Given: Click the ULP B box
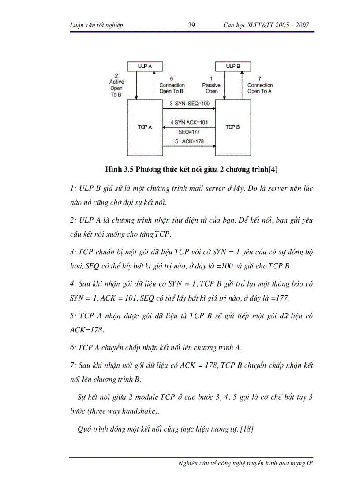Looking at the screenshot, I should tap(233, 66).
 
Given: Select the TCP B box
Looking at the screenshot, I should tap(233, 127).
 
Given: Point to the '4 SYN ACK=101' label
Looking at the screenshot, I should tap(189, 122).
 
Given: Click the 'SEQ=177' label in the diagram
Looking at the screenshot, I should tap(189, 131).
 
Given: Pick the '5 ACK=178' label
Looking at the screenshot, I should tap(189, 141).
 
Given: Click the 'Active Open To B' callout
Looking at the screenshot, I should tap(116, 85).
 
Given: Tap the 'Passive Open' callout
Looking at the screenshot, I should tap(211, 85).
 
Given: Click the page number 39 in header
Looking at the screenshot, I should tap(191, 25).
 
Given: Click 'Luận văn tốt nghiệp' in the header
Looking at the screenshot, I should tap(97, 25).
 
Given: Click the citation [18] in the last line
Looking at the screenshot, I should tap(246, 428).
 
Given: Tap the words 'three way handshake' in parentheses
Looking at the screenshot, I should tap(124, 412).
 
